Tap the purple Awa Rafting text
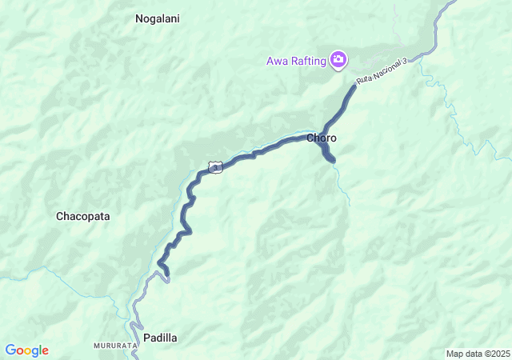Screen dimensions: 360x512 coord(297,60)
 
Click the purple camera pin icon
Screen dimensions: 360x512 coord(338,59)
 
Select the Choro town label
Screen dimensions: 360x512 coord(322,138)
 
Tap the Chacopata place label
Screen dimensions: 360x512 coord(82,216)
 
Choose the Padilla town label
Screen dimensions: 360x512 coord(160,338)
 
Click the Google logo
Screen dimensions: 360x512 coord(27,350)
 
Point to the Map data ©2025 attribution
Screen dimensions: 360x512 coord(477,354)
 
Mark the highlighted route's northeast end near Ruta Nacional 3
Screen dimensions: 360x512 coord(354,85)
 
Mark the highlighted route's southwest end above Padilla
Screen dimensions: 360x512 coord(167,276)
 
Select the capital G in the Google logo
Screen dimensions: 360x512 coord(10,350)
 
